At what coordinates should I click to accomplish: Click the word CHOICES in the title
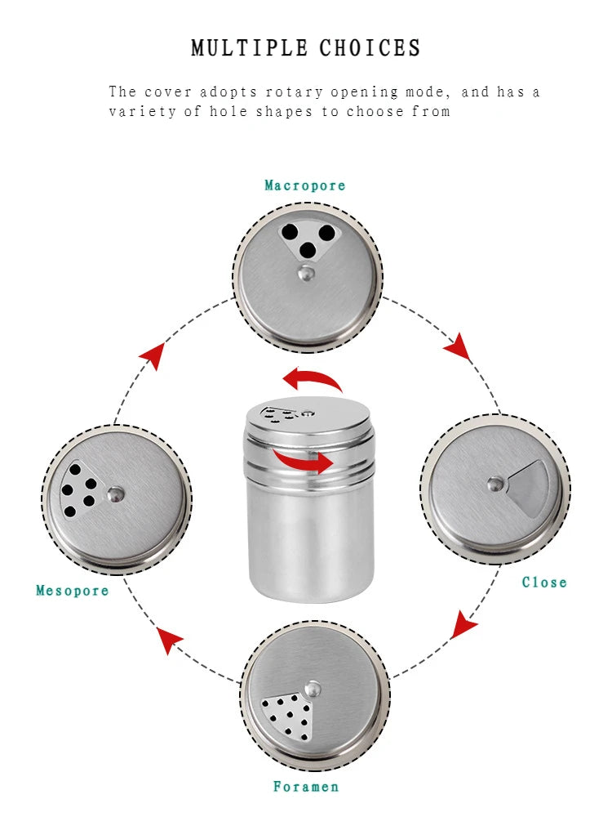pyautogui.click(x=370, y=48)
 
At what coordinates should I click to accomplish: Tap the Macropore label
pyautogui.click(x=305, y=185)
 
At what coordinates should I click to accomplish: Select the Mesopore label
pyautogui.click(x=73, y=591)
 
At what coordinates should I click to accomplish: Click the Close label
pyautogui.click(x=544, y=583)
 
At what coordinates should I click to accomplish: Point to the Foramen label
pyautogui.click(x=306, y=787)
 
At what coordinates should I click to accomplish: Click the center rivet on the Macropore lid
pyautogui.click(x=306, y=273)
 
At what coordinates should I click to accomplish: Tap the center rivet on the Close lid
pyautogui.click(x=495, y=484)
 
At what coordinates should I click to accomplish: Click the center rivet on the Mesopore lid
pyautogui.click(x=117, y=493)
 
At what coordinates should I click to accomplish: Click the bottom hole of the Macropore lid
pyautogui.click(x=308, y=250)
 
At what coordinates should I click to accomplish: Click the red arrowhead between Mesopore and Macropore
pyautogui.click(x=152, y=355)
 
